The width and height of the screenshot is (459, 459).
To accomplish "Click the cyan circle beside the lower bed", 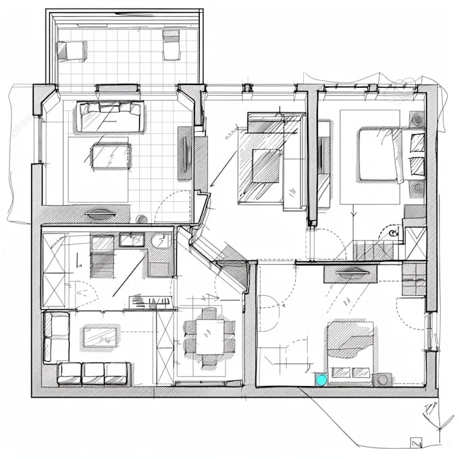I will [x=322, y=379].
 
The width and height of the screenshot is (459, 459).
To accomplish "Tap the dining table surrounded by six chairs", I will [x=210, y=335].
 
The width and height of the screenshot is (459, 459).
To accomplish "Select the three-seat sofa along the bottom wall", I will [x=94, y=373].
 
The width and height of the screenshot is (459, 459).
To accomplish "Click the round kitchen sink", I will [x=161, y=240].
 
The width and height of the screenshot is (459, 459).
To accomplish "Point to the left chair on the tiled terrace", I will [x=71, y=49].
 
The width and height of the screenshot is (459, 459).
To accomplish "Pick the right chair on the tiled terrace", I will [x=171, y=45].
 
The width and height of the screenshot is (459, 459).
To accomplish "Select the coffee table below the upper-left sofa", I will [x=110, y=157].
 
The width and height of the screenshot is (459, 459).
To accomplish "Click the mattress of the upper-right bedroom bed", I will [x=380, y=155].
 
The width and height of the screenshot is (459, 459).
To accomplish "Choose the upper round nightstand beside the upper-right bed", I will [x=416, y=121].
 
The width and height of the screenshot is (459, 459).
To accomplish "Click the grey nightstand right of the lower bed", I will [x=383, y=379].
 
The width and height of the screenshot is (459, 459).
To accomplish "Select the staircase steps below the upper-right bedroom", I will [x=373, y=251].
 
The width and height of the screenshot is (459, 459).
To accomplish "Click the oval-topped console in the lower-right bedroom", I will [x=350, y=273].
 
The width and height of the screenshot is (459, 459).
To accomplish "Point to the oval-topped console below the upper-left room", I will [x=101, y=215].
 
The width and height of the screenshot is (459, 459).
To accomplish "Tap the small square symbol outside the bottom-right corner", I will [x=416, y=442].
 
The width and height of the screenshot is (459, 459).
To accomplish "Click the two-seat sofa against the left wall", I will [x=56, y=337].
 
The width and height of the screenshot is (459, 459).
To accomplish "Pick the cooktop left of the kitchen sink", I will [x=131, y=239].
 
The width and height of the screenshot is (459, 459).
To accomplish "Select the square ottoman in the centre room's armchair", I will [x=266, y=164].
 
